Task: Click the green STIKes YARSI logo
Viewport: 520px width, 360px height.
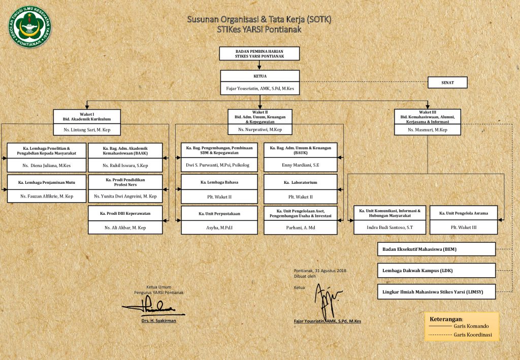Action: coord(29,26)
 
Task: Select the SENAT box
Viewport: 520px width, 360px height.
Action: coord(447,82)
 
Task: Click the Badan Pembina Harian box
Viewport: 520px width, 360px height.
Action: coord(259,53)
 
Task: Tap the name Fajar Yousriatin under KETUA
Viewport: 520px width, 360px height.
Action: coord(259,88)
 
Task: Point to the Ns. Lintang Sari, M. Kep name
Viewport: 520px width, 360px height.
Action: coord(87,130)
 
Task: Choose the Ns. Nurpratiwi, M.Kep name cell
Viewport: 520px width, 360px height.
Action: coord(260,130)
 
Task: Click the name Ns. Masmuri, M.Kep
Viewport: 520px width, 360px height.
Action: coord(427,130)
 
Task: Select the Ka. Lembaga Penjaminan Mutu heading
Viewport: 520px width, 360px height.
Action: coord(46,182)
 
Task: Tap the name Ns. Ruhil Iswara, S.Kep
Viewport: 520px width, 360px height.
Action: coord(125,166)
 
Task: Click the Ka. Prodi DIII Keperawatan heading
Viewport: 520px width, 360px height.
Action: coord(125,213)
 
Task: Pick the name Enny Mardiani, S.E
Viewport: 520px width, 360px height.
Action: coord(300,166)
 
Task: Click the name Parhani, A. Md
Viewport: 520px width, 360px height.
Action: coord(300,228)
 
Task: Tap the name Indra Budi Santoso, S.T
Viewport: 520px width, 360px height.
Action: coord(389,227)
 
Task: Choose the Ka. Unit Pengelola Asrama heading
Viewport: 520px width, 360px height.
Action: coord(464,213)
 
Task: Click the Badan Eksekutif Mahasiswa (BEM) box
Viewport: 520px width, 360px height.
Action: coord(436,249)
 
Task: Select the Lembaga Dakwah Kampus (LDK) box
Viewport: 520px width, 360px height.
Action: coord(436,271)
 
